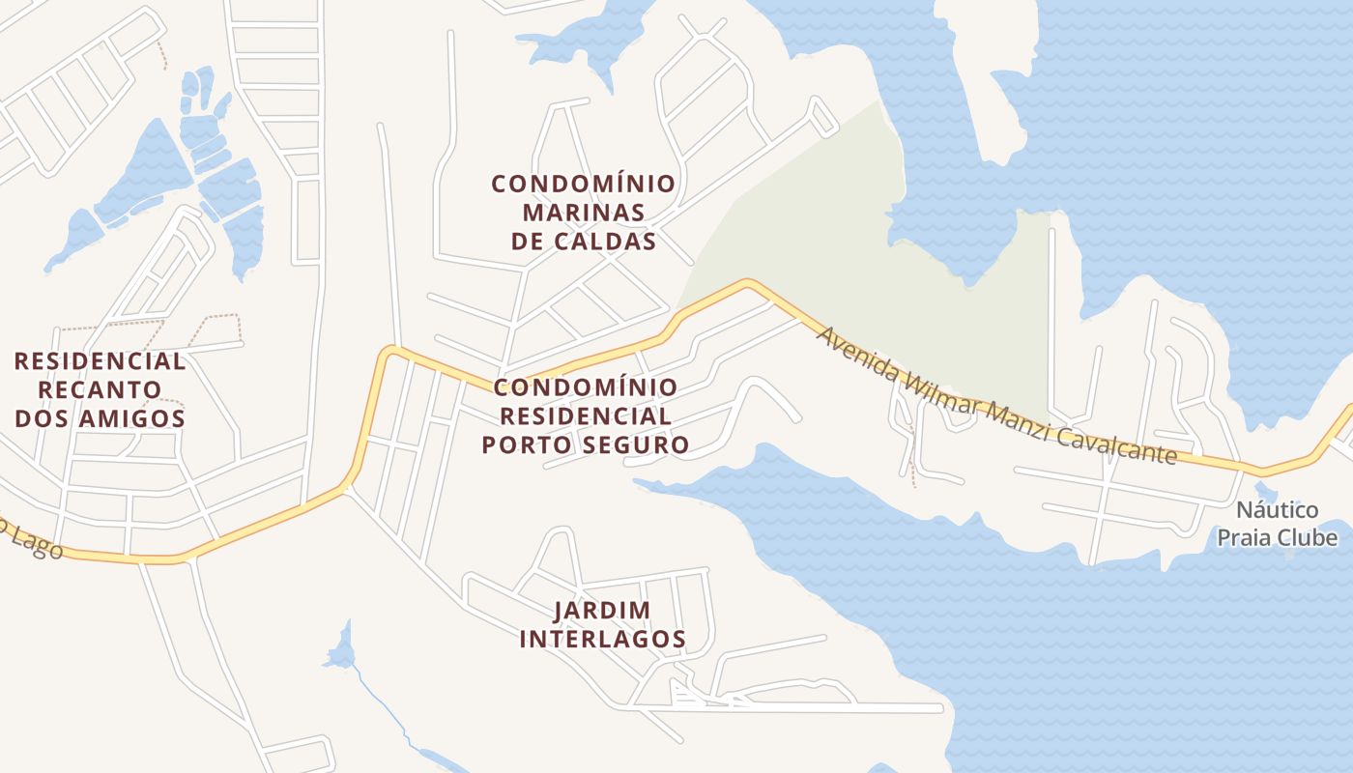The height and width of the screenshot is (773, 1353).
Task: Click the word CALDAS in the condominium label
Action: [610, 241]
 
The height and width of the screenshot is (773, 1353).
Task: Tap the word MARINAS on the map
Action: [583, 212]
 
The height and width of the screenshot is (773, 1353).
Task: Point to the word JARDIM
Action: [602, 610]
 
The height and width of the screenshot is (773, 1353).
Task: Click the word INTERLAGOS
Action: [602, 639]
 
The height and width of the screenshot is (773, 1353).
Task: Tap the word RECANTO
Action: [100, 389]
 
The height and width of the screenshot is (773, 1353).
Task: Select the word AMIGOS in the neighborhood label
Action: [136, 418]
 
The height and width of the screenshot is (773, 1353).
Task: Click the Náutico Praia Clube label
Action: [1277, 524]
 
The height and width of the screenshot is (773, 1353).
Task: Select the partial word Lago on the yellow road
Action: [39, 544]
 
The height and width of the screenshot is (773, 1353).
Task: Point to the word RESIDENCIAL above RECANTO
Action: [100, 361]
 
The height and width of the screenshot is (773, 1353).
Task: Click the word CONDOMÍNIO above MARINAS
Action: [583, 183]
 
